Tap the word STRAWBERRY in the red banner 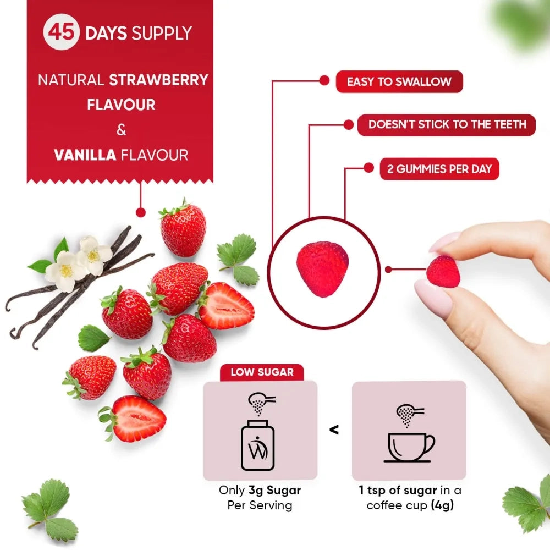[x=159, y=80]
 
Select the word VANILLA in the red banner [x=85, y=155]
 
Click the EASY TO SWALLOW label [x=399, y=82]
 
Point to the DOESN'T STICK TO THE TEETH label [x=447, y=124]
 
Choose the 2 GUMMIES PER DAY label [x=439, y=169]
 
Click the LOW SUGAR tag [x=262, y=372]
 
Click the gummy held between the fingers [x=443, y=271]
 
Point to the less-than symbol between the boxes [x=334, y=429]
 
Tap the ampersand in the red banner [x=121, y=130]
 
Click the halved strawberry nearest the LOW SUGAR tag [x=134, y=419]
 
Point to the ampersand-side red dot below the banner [x=140, y=211]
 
